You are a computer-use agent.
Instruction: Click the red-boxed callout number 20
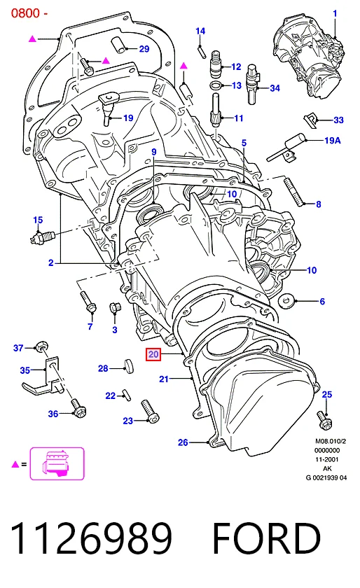coord(153,354)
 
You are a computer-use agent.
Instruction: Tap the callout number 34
coord(275,88)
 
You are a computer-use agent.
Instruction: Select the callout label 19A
coord(332,141)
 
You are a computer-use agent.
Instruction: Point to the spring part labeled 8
coord(294,191)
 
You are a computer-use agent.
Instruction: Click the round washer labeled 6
coord(286,300)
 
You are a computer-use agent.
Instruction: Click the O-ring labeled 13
coord(216,85)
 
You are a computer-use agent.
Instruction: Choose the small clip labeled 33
coord(310,118)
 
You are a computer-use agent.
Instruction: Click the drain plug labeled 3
coord(114,308)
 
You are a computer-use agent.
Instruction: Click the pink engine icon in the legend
coord(57,463)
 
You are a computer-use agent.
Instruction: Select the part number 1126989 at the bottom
coord(92,539)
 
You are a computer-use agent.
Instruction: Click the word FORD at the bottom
coord(267,539)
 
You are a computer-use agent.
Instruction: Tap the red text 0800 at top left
coord(25,13)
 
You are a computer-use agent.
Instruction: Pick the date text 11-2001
coord(326,459)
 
